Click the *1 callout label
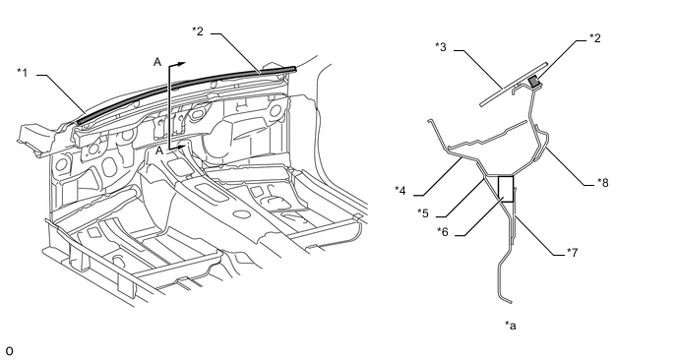(22, 73)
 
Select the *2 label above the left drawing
(198, 31)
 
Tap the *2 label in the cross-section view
(595, 38)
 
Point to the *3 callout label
(441, 46)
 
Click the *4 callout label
(400, 191)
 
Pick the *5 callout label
(423, 212)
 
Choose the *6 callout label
(443, 232)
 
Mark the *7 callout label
(572, 252)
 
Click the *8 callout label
(603, 183)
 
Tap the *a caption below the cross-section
(511, 325)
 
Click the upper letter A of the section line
(157, 62)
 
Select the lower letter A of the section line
(159, 150)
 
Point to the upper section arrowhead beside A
(181, 64)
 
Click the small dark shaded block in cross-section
(534, 82)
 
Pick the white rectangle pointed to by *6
(506, 189)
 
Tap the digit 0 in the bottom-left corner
(9, 351)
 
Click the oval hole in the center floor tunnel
(241, 213)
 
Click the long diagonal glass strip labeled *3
(514, 85)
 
